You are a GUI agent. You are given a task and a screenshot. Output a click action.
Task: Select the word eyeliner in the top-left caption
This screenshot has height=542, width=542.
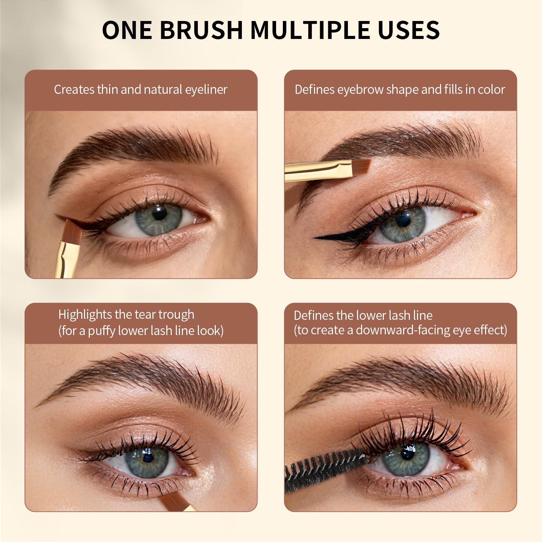tap(206, 90)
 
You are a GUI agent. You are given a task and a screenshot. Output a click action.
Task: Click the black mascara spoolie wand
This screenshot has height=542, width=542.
tap(324, 468)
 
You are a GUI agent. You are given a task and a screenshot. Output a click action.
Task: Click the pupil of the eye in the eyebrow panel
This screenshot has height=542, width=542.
tap(403, 221)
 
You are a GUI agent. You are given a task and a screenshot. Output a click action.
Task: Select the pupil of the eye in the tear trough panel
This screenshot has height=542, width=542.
tap(148, 458)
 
